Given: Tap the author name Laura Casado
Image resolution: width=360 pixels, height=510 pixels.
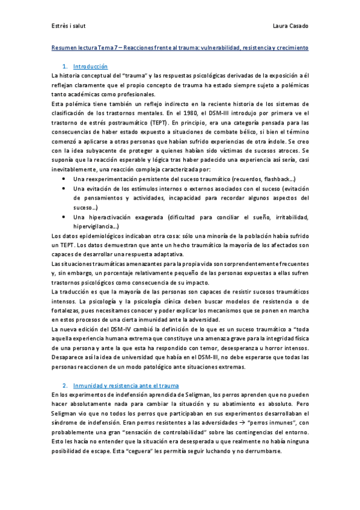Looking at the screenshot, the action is tap(290, 25).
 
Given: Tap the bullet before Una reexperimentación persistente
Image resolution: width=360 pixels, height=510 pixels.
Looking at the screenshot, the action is tap(64, 179).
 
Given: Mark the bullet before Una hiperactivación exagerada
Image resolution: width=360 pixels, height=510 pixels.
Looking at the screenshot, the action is tap(64, 217).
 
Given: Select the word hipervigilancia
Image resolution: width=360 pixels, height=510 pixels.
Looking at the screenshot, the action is tap(93, 226).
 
